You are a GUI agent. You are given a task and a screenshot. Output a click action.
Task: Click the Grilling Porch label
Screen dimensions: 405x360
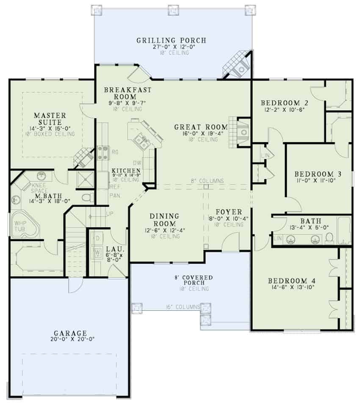click(171, 41)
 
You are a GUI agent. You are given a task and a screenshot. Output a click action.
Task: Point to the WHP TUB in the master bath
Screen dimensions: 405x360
click(20, 226)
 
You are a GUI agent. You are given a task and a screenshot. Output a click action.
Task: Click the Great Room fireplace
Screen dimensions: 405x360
click(243, 132)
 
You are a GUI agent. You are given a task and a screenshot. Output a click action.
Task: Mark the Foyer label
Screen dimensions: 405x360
click(228, 212)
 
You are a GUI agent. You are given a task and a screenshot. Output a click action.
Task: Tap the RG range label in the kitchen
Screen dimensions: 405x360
click(114, 151)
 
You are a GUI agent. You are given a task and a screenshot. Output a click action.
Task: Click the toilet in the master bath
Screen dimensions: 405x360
click(87, 197)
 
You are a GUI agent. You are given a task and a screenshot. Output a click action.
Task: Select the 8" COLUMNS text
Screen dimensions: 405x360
click(207, 181)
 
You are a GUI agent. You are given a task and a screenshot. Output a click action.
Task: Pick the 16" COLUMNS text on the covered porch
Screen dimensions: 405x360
click(183, 307)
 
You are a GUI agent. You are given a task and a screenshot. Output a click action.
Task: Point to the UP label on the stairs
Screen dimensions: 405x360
click(110, 213)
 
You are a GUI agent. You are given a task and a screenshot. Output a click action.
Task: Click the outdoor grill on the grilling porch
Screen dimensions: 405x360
click(241, 68)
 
